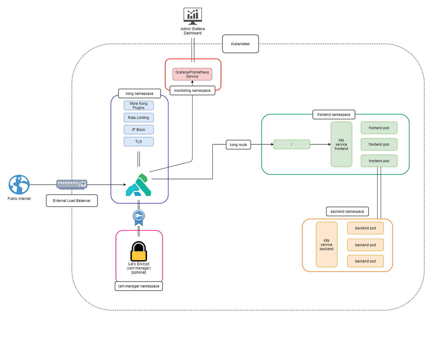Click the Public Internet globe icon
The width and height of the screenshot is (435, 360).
(19, 185)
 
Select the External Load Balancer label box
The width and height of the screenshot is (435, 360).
(72, 201)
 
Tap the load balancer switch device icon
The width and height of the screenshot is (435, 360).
(72, 184)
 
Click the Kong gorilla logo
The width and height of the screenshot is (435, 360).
(139, 185)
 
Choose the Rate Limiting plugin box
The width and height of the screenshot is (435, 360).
(139, 118)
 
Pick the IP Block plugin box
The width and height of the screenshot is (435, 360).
(139, 130)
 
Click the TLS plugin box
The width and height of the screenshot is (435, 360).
(139, 142)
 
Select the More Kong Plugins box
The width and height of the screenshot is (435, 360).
(139, 106)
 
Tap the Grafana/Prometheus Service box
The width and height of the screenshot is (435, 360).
(192, 74)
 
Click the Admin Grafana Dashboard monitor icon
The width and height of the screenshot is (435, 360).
(193, 16)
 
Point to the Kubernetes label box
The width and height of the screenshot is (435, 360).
(240, 44)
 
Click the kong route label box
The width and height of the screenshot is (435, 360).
(238, 145)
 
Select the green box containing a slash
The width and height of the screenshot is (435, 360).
(291, 144)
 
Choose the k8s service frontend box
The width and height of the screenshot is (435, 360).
(341, 144)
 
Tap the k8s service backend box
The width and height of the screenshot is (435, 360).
(326, 244)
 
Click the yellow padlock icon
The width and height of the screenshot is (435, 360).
(139, 252)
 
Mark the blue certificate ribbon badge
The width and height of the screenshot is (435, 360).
(139, 217)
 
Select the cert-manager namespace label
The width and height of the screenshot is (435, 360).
(139, 286)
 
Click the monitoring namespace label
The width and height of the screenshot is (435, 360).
(192, 91)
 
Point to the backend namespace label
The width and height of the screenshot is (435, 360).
(347, 212)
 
